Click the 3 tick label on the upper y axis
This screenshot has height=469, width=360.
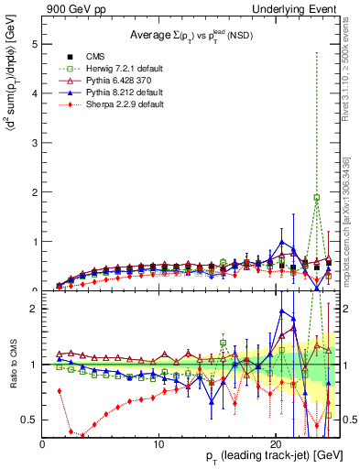pyautogui.click(x=34, y=143)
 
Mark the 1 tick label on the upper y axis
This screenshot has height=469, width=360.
pyautogui.click(x=34, y=242)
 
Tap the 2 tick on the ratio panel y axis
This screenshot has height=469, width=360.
pyautogui.click(x=34, y=309)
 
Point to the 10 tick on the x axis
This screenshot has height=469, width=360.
pyautogui.click(x=159, y=443)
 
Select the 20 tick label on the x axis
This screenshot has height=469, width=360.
pyautogui.click(x=276, y=443)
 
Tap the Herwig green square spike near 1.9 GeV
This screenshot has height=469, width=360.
pyautogui.click(x=317, y=197)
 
